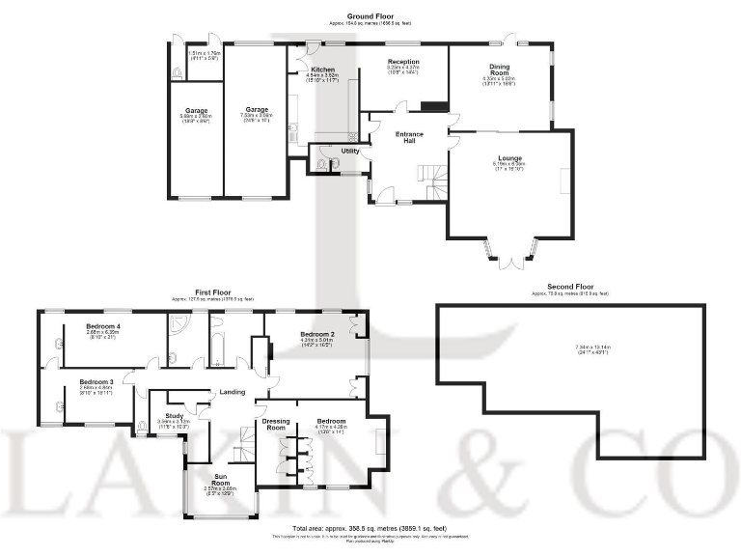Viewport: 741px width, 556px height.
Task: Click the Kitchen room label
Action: (x=321, y=70)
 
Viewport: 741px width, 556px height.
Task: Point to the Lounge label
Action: (x=510, y=157)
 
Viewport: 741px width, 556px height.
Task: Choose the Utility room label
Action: (x=350, y=152)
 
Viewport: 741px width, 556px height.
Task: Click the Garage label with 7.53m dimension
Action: (x=257, y=110)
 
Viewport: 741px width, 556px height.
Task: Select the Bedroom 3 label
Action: (x=96, y=382)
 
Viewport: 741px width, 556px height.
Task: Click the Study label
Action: (x=174, y=415)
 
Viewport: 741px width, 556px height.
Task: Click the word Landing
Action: (x=233, y=391)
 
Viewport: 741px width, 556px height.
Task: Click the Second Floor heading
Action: (x=569, y=287)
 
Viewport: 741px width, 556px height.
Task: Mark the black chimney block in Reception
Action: (x=436, y=106)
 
